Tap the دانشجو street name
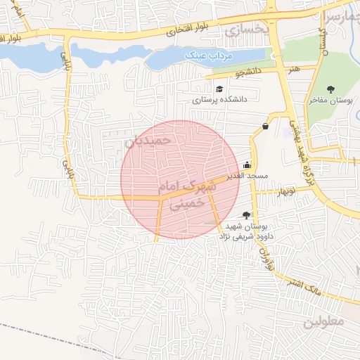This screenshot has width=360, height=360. pos(248,72)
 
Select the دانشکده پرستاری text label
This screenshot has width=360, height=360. pos(220,101)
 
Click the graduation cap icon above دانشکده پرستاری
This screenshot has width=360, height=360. pos(220,89)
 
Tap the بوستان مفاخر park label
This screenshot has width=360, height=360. pos(332,101)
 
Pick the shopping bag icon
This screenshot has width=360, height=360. pos(265,127)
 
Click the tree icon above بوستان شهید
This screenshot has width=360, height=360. pos(245,214)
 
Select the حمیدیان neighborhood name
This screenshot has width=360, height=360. pos(148,141)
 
